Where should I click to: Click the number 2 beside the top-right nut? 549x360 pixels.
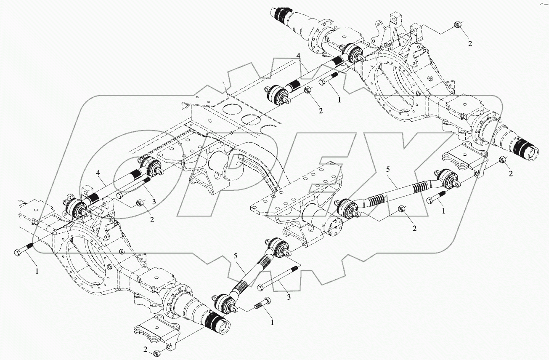(470, 43)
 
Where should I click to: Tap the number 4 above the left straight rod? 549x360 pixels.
(98, 173)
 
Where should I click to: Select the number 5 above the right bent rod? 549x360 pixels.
(388, 170)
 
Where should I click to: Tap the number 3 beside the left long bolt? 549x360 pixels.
(154, 202)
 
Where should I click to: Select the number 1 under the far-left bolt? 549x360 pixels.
(37, 272)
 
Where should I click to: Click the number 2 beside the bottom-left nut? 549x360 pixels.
(145, 350)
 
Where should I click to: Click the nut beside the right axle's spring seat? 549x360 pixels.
(502, 160)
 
